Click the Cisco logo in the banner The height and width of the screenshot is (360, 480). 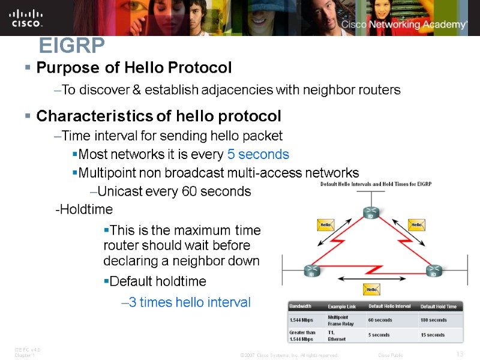coord(26,17)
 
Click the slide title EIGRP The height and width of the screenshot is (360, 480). coord(71,45)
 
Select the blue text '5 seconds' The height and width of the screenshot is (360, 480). coord(258,154)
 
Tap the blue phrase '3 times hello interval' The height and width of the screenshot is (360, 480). coord(190,302)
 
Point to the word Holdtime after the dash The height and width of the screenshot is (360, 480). coord(85,209)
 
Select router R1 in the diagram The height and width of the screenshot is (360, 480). coord(311,271)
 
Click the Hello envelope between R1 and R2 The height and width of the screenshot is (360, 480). coord(325,225)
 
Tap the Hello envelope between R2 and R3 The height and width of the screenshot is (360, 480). coord(417,225)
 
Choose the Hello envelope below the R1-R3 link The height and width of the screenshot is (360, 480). coord(372,290)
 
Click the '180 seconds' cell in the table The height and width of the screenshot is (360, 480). coord(433,320)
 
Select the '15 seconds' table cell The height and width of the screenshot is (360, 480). coord(432,335)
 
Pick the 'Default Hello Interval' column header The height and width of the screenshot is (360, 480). coord(389,306)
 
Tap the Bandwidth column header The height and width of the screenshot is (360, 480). coord(301,306)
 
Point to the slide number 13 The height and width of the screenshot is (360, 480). coord(460,353)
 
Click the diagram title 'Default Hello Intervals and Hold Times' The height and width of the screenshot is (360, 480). coord(376,184)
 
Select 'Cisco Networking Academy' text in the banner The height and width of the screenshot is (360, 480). coord(404,25)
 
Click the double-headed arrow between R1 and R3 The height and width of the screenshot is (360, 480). coord(371,278)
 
